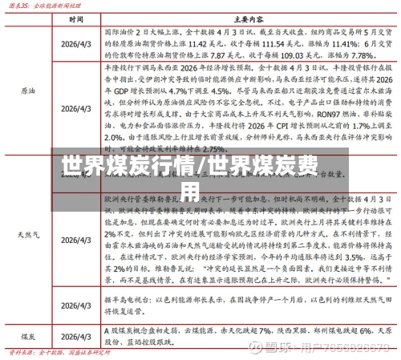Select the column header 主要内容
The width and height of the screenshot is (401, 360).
pyautogui.click(x=245, y=18)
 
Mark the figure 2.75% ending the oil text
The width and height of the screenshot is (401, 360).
pyautogui.click(x=209, y=148)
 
